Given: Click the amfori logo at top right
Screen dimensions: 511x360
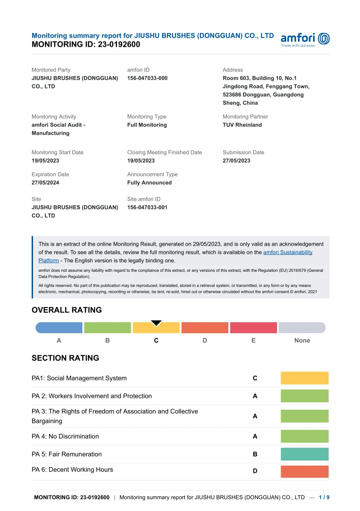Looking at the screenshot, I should (305, 40).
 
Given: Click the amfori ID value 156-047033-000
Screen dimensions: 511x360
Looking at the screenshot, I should (147, 78).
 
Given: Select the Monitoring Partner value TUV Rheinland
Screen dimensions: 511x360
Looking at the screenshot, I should (242, 125).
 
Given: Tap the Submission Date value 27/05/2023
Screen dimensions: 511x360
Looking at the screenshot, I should (237, 161).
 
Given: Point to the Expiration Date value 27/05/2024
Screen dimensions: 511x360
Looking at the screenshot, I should (45, 183).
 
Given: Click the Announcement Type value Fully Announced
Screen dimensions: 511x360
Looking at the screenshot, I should (150, 183).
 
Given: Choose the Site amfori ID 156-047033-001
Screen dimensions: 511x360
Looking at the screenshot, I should (147, 208).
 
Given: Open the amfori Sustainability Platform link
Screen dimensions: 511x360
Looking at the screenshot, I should (288, 253).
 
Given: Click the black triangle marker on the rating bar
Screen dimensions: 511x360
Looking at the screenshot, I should (156, 323).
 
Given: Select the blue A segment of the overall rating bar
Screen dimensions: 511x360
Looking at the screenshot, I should (59, 328).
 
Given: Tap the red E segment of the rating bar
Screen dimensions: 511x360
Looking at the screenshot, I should (253, 328).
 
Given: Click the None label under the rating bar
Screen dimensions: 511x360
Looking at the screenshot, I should (302, 341).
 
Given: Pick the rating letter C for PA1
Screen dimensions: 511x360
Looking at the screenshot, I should (255, 378).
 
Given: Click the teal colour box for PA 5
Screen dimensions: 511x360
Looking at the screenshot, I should (305, 454).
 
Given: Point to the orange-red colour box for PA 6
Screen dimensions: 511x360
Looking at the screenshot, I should (305, 472).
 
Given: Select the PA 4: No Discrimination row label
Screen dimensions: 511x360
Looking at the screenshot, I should (65, 436).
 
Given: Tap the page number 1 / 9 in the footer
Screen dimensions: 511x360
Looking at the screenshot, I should (324, 497).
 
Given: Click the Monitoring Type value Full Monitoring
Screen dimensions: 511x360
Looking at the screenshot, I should (147, 125).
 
